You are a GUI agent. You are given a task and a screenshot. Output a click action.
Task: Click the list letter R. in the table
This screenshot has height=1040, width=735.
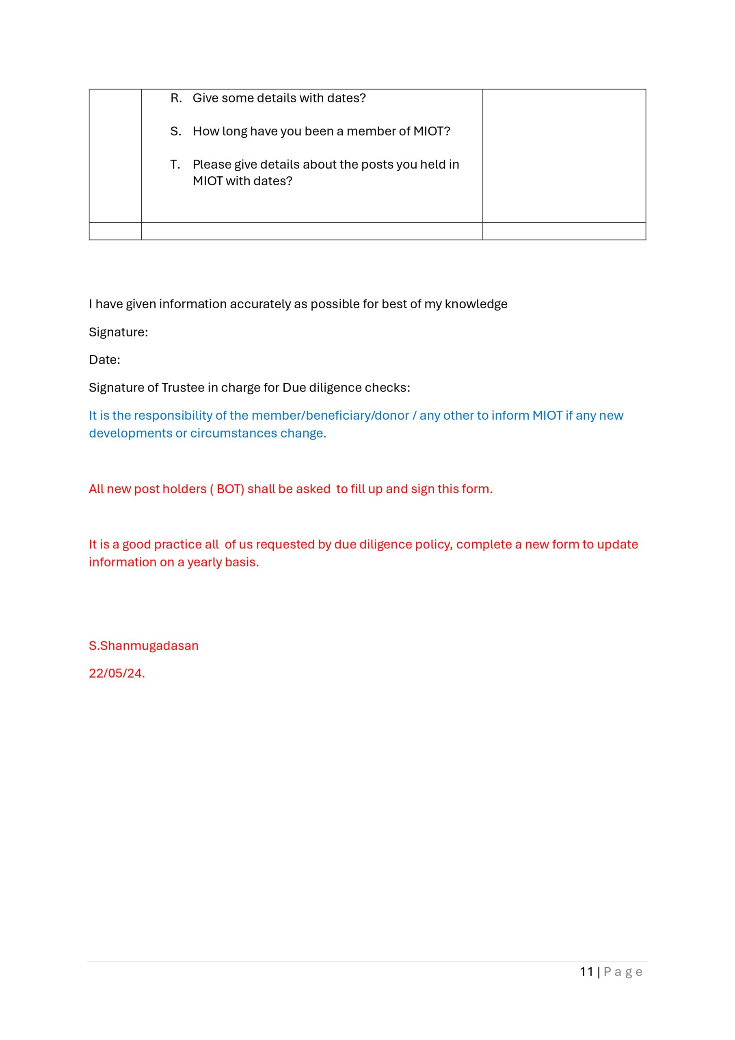(x=176, y=98)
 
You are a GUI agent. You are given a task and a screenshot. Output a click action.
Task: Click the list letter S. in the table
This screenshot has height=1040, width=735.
(x=176, y=131)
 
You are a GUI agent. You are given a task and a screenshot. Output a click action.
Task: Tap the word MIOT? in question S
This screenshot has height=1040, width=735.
(x=432, y=131)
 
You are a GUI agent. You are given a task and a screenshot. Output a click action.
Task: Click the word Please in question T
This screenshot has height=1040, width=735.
(x=212, y=165)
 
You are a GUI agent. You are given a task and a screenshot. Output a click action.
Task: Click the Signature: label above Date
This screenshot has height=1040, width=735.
(x=118, y=332)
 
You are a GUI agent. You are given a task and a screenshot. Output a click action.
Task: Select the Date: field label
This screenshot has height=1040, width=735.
(x=105, y=360)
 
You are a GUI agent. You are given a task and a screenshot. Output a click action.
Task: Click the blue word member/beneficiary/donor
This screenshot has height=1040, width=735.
(x=330, y=415)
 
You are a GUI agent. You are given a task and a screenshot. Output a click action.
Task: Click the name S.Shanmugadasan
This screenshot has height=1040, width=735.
(x=144, y=646)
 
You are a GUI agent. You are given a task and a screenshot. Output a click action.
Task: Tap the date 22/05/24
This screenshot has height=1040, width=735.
(x=117, y=674)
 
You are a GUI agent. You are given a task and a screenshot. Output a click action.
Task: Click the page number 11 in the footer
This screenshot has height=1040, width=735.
(x=586, y=972)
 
